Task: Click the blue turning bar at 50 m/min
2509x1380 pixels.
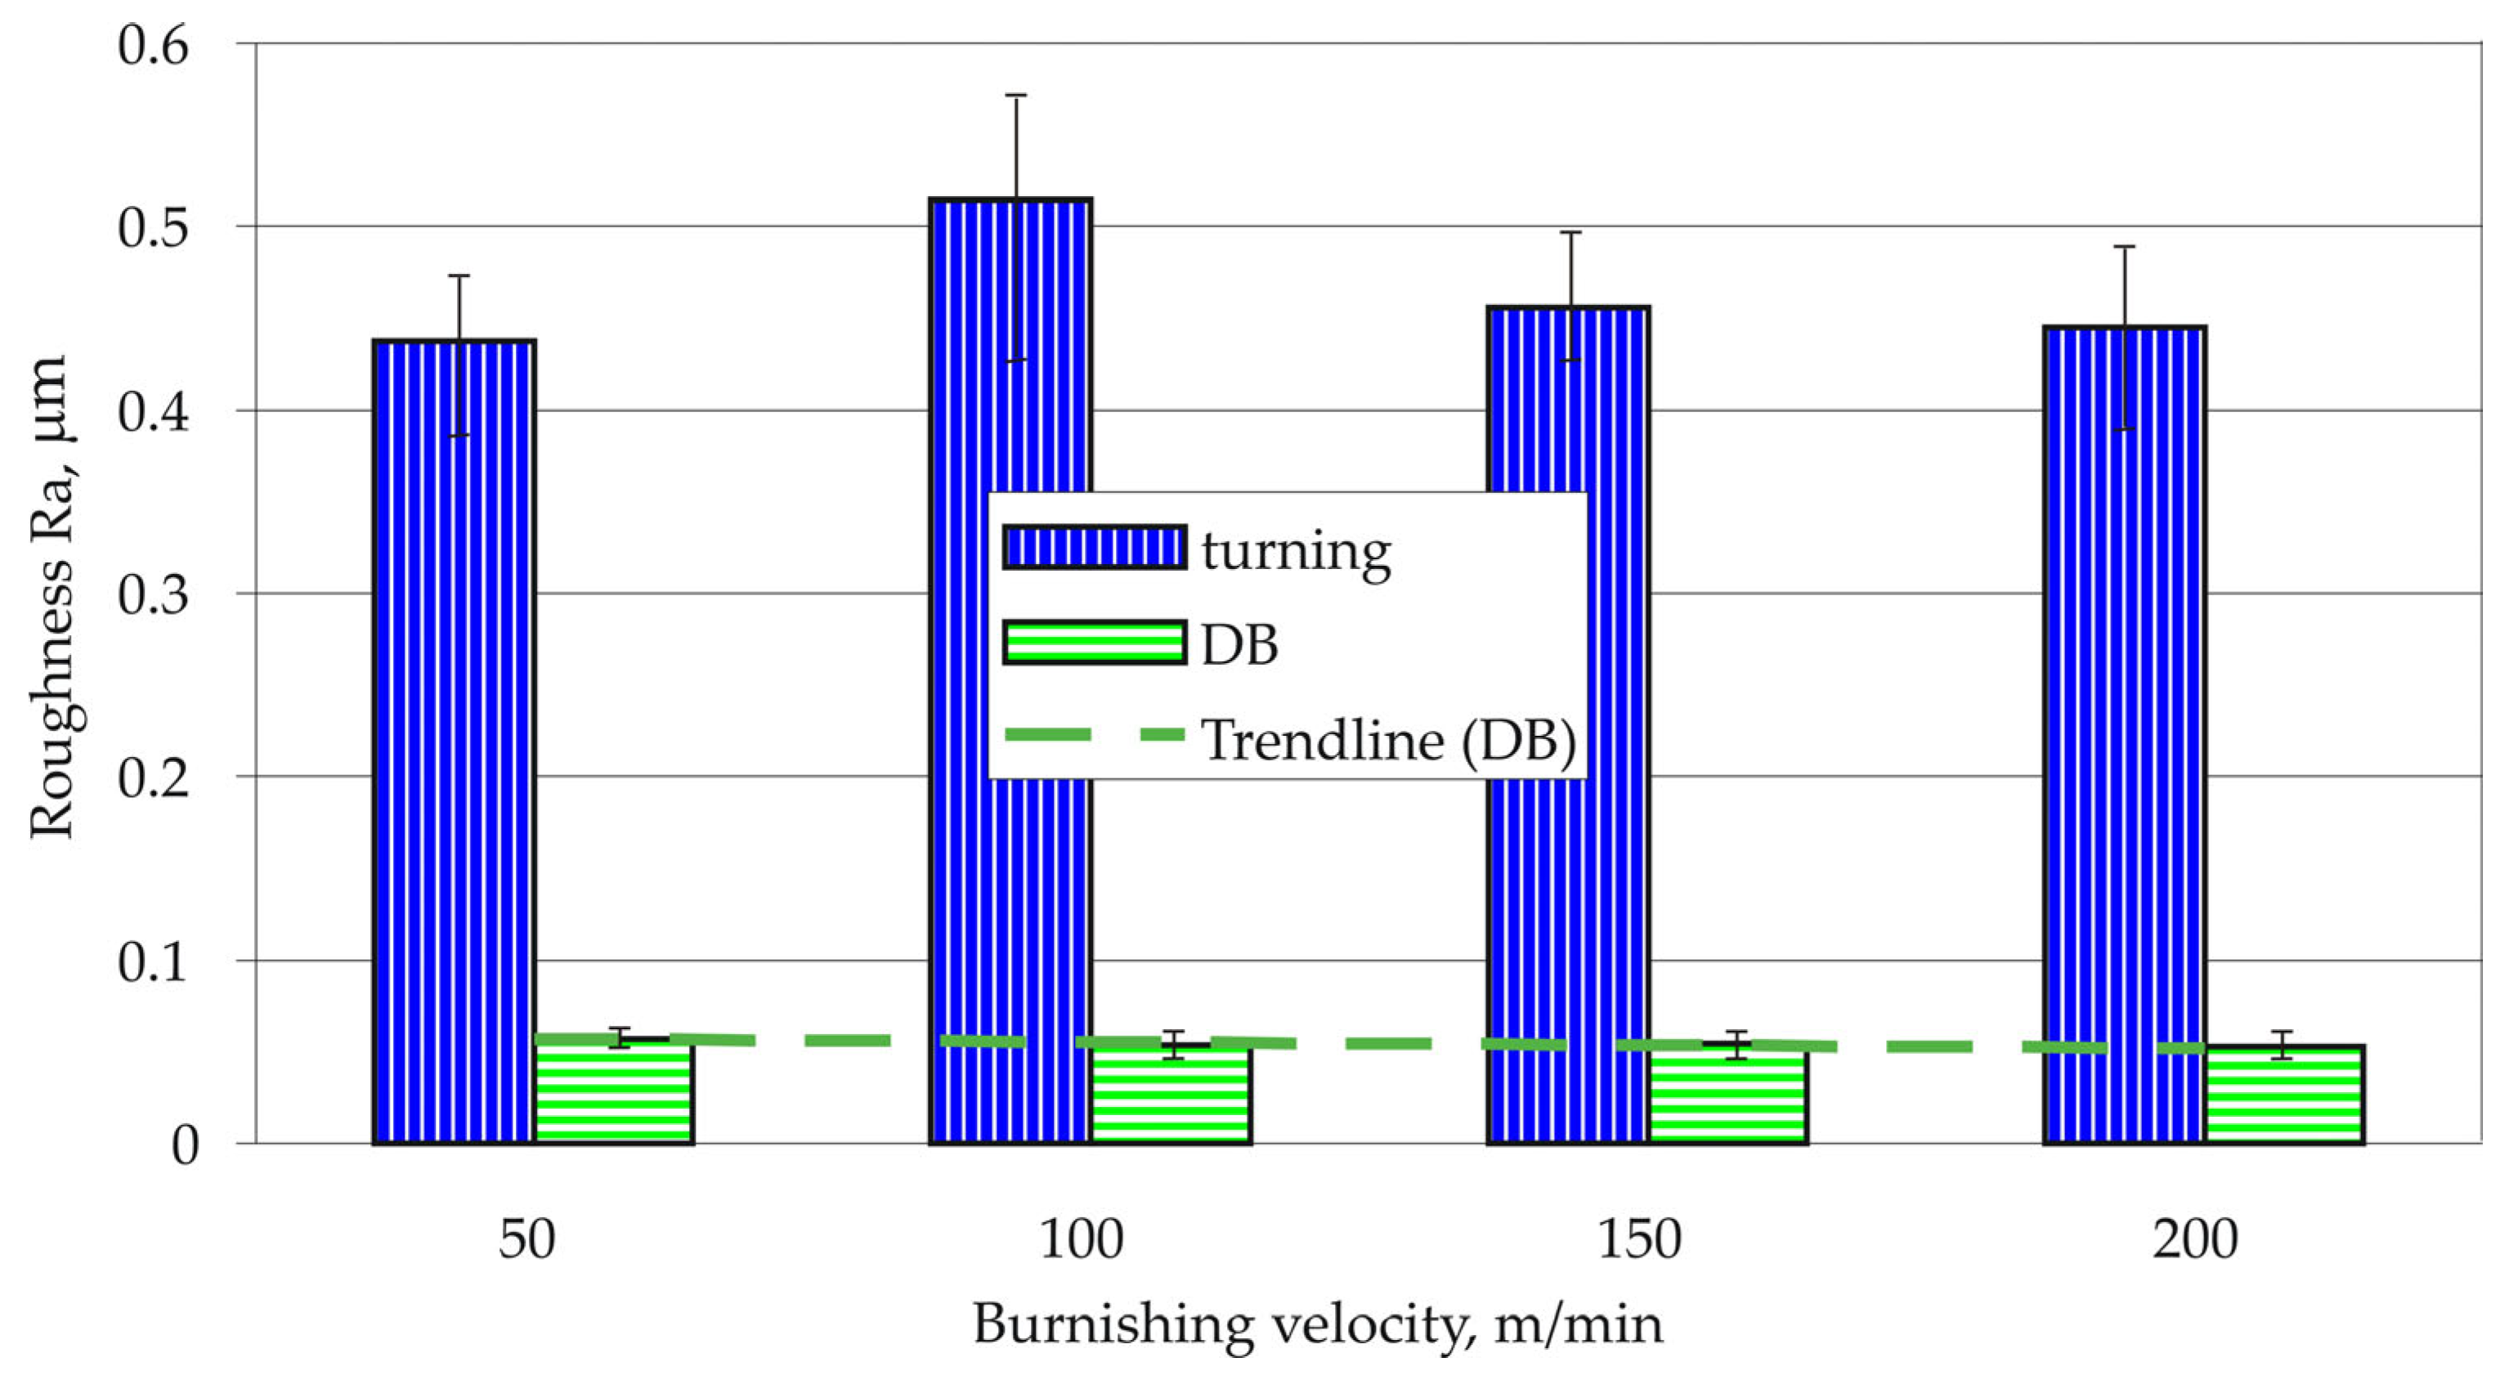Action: pos(455,742)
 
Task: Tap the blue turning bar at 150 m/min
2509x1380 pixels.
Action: pos(1568,724)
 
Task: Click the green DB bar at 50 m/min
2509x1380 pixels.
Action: pos(615,1091)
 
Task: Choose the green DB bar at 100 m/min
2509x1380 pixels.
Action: pos(1172,1094)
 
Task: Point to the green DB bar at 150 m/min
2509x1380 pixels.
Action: pos(1729,1094)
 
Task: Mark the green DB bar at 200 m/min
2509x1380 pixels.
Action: pos(2285,1095)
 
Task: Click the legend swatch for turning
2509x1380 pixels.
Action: pos(1095,547)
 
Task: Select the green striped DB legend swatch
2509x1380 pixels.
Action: pos(1095,643)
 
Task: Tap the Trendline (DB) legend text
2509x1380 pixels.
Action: pos(1389,742)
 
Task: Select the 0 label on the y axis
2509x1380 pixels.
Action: pos(185,1145)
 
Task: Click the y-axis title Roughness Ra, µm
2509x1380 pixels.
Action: pos(51,596)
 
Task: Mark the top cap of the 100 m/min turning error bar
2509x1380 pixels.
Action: pos(1016,96)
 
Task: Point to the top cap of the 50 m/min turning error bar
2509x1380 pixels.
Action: pos(459,276)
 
